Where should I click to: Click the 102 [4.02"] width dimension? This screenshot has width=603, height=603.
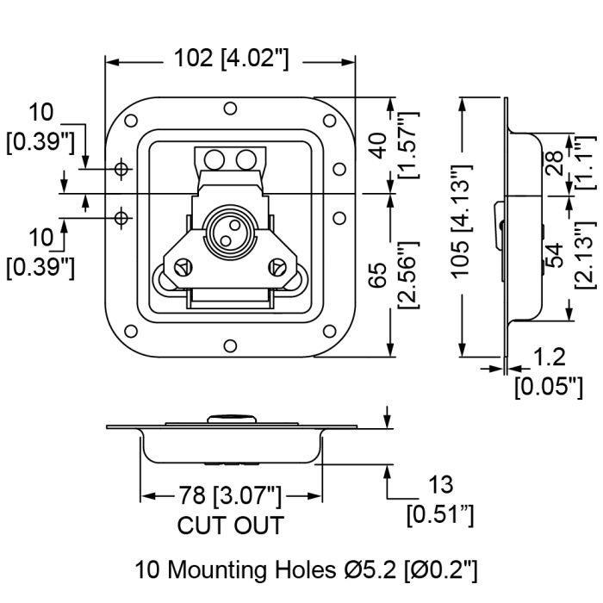point(231,59)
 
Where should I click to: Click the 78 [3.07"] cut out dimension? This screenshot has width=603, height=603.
point(231,495)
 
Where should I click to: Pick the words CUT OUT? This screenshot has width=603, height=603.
point(231,525)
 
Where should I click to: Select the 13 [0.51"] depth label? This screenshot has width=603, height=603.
point(438,500)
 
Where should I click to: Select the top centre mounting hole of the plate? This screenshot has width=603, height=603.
point(230,109)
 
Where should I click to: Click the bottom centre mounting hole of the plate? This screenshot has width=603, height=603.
point(230,345)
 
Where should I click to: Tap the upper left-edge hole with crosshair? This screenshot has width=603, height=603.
point(123,168)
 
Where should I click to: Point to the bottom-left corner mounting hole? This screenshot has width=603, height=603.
point(131,332)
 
